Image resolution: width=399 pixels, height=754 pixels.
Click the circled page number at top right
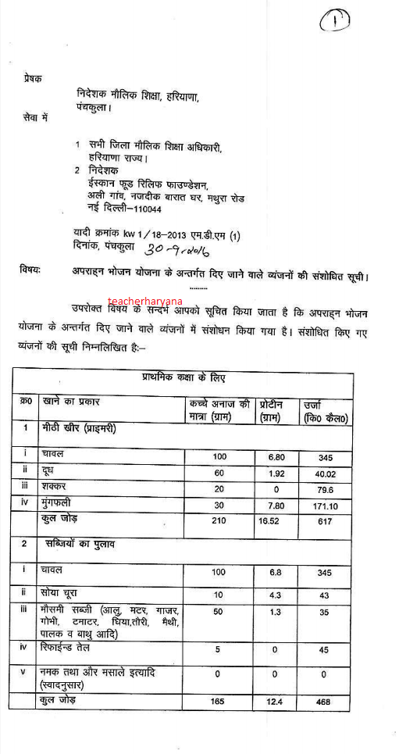[x=335, y=20]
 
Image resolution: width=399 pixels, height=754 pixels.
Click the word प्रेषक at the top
[x=33, y=78]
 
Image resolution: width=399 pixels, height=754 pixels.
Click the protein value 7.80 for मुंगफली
[x=275, y=506]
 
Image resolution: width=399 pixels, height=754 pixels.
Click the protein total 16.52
[x=275, y=521]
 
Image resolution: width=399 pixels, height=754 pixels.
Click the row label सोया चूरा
[x=63, y=594]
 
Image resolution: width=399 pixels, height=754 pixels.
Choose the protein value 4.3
[x=275, y=595]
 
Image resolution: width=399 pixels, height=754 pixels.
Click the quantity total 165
[x=218, y=702]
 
